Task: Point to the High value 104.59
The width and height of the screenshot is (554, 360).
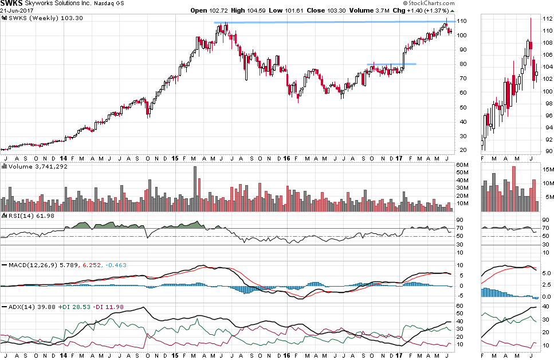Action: click(x=247, y=11)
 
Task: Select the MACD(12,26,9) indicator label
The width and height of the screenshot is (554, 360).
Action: click(x=29, y=265)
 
